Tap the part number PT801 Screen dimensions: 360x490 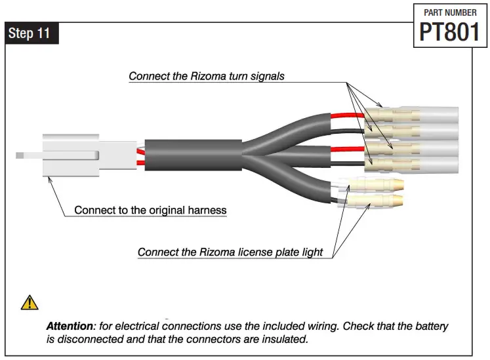[450, 31]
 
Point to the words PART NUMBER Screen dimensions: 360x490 [450, 12]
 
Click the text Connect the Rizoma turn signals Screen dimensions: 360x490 [207, 76]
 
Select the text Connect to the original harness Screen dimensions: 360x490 [150, 210]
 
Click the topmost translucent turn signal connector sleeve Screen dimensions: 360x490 [420, 117]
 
